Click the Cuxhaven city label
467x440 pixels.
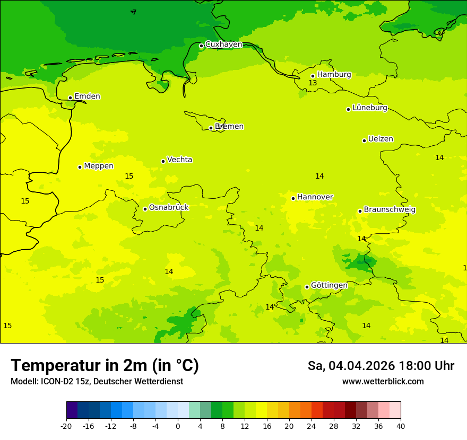[x=223, y=45]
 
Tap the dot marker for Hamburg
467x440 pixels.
[x=313, y=76]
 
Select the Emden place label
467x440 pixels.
[x=87, y=96]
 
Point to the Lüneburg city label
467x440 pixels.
[x=369, y=108]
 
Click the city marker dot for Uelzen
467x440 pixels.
[x=364, y=140]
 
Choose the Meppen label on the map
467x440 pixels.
[x=98, y=166]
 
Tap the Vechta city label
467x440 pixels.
[x=179, y=160]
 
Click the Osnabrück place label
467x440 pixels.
[x=169, y=207]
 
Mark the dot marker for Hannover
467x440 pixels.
[x=293, y=198]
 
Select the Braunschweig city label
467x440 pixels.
[x=389, y=209]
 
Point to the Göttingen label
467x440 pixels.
[x=329, y=285]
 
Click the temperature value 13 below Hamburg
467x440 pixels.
[x=313, y=83]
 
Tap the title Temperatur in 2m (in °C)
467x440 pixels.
[x=105, y=366]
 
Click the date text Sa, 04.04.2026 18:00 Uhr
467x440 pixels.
[x=380, y=366]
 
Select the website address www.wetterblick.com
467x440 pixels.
[x=383, y=382]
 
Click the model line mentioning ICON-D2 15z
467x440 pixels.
[x=97, y=382]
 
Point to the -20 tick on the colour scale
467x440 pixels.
[x=66, y=426]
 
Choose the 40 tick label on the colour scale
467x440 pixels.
[x=401, y=426]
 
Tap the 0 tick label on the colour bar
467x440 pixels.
[x=178, y=426]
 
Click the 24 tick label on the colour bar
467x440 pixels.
[x=312, y=426]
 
